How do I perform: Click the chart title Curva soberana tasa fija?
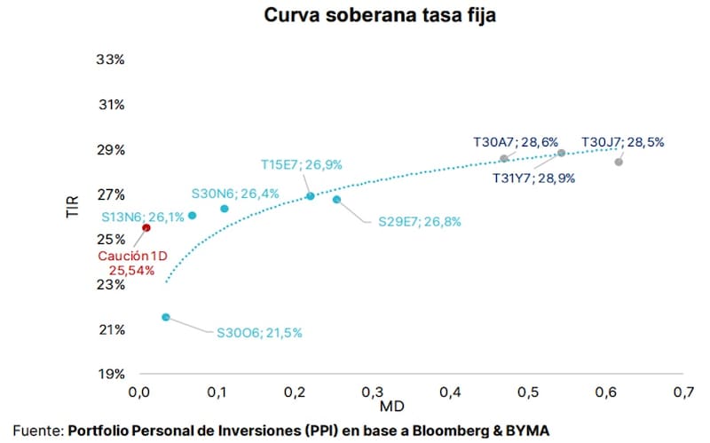click(380, 15)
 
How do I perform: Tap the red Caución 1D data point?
click(146, 228)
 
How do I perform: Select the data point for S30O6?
click(166, 317)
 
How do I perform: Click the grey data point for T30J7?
click(619, 162)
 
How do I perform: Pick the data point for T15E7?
click(310, 196)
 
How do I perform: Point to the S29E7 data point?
click(336, 200)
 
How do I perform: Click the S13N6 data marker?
click(192, 216)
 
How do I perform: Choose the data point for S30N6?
click(225, 209)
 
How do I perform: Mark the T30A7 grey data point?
click(504, 159)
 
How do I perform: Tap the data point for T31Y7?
click(562, 153)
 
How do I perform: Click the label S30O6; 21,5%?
click(259, 333)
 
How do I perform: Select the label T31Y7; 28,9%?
click(534, 178)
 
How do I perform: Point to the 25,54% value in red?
click(131, 271)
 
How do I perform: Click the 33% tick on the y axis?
click(110, 59)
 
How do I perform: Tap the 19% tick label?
click(112, 374)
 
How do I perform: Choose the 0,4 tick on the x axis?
click(450, 392)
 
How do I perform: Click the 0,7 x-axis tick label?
click(683, 392)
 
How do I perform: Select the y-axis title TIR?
click(73, 207)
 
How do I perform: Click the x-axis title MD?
click(391, 407)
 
